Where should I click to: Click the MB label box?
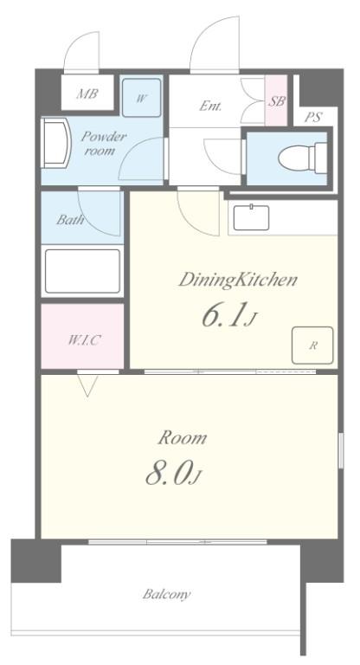click(x=87, y=94)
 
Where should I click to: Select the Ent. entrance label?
click(x=210, y=107)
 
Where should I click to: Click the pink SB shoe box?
click(x=277, y=101)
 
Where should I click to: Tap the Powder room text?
click(x=104, y=143)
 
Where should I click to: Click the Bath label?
click(x=70, y=219)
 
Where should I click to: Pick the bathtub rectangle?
click(x=82, y=270)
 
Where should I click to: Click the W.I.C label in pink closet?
click(x=83, y=339)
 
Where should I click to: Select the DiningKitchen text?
click(x=238, y=280)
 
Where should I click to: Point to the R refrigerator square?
click(x=313, y=345)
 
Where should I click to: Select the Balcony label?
click(x=166, y=595)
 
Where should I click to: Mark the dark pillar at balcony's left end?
click(x=35, y=561)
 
